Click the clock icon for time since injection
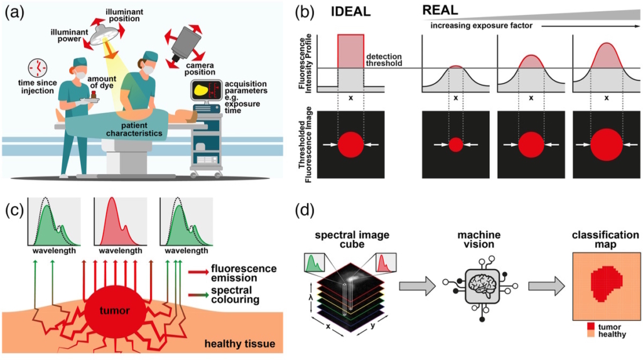tap(38, 67)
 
